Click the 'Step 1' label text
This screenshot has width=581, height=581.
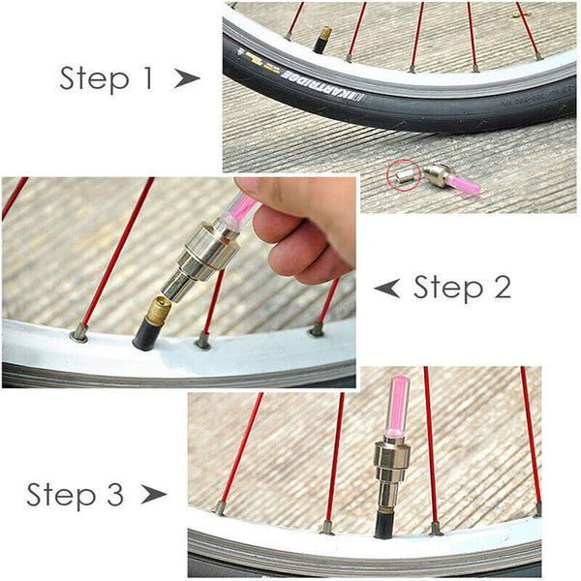(x=107, y=78)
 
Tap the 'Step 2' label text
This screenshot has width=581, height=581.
(x=462, y=287)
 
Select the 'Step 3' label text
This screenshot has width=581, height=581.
(x=76, y=495)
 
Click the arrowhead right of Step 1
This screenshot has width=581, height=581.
(x=187, y=79)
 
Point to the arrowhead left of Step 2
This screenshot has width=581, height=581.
(x=387, y=287)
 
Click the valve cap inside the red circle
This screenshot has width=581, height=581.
(x=402, y=175)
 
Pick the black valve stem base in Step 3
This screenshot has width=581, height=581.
(x=384, y=524)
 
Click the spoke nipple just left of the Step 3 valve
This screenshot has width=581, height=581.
(x=327, y=527)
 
